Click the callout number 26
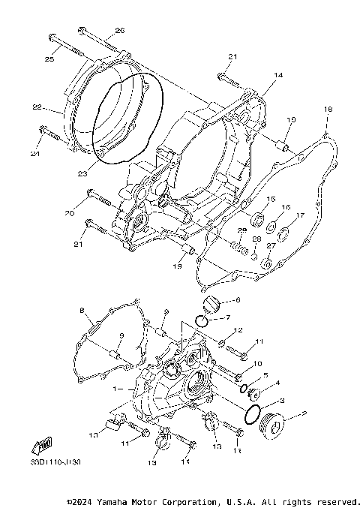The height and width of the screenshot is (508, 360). pos(118,31)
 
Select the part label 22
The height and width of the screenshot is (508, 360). pos(36,107)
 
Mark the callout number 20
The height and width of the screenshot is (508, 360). pos(69,214)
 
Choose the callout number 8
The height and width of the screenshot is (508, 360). pos(81,310)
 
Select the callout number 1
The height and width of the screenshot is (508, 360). pos(114,389)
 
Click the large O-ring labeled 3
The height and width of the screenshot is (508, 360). pos(253,413)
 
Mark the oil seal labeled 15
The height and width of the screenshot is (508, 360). pos(256,220)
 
